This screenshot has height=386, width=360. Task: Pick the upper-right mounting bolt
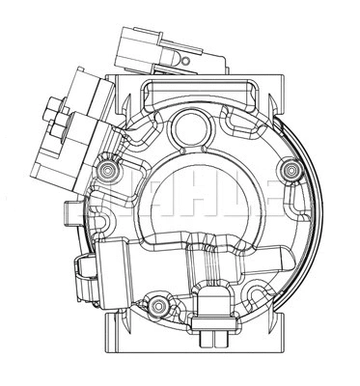[x=287, y=171]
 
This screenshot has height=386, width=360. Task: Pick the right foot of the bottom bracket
[x=286, y=362]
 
